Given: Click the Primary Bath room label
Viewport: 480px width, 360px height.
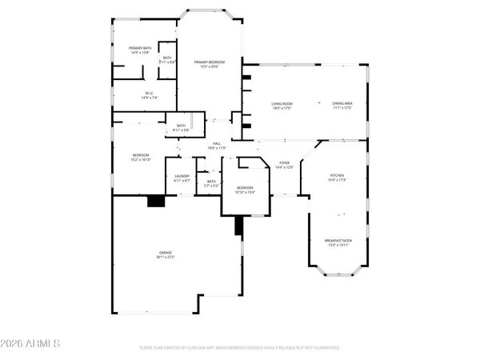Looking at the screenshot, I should [141, 49].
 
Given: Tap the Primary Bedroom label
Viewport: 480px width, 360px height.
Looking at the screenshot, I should [209, 62].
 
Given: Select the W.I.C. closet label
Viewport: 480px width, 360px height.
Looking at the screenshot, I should [149, 94].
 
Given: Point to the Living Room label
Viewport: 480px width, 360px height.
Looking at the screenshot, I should [281, 104].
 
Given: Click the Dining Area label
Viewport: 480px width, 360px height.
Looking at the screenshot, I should [342, 104].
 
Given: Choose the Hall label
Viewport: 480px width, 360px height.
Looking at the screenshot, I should [216, 144].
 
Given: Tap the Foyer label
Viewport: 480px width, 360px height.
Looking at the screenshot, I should [285, 164].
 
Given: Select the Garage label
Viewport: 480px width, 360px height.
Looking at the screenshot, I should [165, 253].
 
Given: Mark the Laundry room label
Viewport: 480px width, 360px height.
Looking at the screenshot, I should [182, 178].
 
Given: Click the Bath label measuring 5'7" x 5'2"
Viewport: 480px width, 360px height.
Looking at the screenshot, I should [211, 182].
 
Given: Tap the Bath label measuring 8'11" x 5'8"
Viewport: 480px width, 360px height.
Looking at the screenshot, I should [182, 126].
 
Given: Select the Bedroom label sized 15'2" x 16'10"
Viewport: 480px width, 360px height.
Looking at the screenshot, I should [141, 156].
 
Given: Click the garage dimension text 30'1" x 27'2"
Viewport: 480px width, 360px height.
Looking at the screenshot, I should [165, 258].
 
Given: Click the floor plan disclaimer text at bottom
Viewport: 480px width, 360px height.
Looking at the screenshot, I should [240, 348].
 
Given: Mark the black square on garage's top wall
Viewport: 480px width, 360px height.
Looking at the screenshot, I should [156, 202].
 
